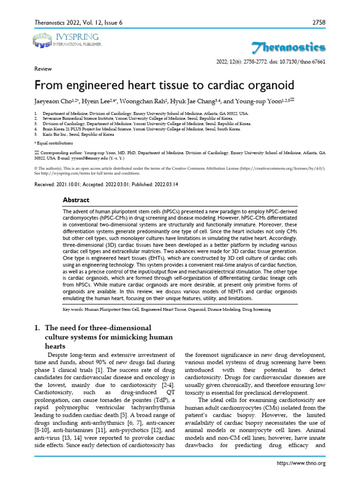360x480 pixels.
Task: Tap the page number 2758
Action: pyautogui.click(x=317, y=22)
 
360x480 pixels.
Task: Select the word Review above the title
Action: pyautogui.click(x=43, y=68)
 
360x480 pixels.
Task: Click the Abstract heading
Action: pyautogui.click(x=76, y=200)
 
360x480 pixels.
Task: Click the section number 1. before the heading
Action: pyautogui.click(x=37, y=327)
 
